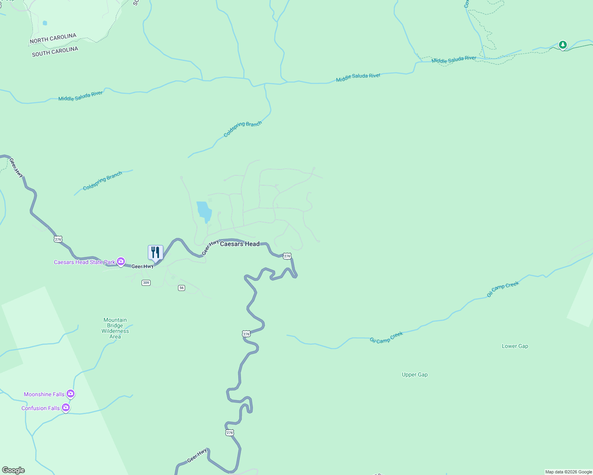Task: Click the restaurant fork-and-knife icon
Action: (x=155, y=252)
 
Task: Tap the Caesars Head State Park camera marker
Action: (x=121, y=262)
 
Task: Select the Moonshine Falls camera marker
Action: (x=71, y=394)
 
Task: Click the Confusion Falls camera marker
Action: (x=66, y=408)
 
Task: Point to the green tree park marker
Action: (x=562, y=45)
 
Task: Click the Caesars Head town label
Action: (x=239, y=244)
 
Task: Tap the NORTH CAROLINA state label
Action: (x=53, y=38)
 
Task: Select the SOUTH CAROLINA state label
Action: (x=55, y=51)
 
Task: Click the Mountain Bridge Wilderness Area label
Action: (x=115, y=328)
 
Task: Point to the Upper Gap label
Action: (x=415, y=374)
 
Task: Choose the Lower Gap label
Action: (x=515, y=346)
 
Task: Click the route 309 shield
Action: (x=146, y=283)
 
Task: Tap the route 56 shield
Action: (x=182, y=288)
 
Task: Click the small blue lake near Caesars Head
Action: (x=204, y=211)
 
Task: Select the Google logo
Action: (x=13, y=470)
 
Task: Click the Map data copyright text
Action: (x=568, y=472)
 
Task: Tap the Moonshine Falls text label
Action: (x=44, y=394)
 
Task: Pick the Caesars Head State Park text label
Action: (x=84, y=262)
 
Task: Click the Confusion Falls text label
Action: (x=40, y=408)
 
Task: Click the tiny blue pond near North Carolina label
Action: (x=45, y=23)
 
